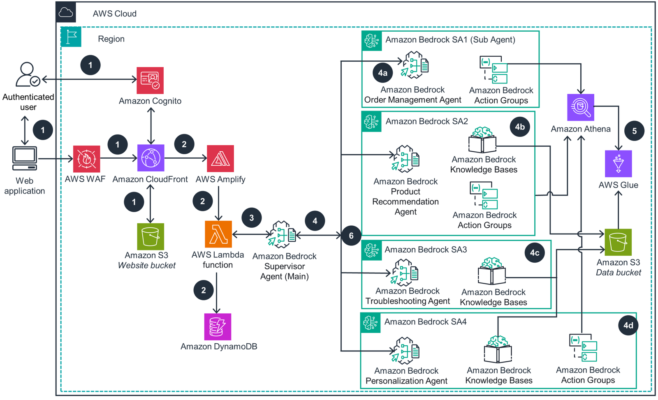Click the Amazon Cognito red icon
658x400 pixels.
pos(150,81)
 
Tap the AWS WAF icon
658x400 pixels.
pos(86,159)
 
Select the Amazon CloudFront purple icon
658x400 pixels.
pos(151,158)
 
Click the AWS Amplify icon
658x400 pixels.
pos(220,159)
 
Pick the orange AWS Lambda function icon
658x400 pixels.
pos(218,234)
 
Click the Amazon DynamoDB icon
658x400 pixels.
pos(218,327)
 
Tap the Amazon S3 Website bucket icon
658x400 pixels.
pos(150,236)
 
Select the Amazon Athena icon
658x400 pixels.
pos(580,107)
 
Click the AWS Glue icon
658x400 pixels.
pos(618,164)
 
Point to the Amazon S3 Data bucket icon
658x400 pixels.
pos(618,242)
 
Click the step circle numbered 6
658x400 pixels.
pos(351,236)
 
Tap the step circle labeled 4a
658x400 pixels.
pos(382,73)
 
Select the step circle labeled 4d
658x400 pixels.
pos(628,325)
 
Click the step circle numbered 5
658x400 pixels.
pos(634,131)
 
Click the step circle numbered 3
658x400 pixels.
pos(252,218)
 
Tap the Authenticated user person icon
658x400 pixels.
pos(28,74)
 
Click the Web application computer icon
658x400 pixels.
pos(25,158)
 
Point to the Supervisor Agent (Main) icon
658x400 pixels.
pos(282,235)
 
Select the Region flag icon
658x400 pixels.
pos(71,37)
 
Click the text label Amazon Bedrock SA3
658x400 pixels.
pos(426,250)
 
